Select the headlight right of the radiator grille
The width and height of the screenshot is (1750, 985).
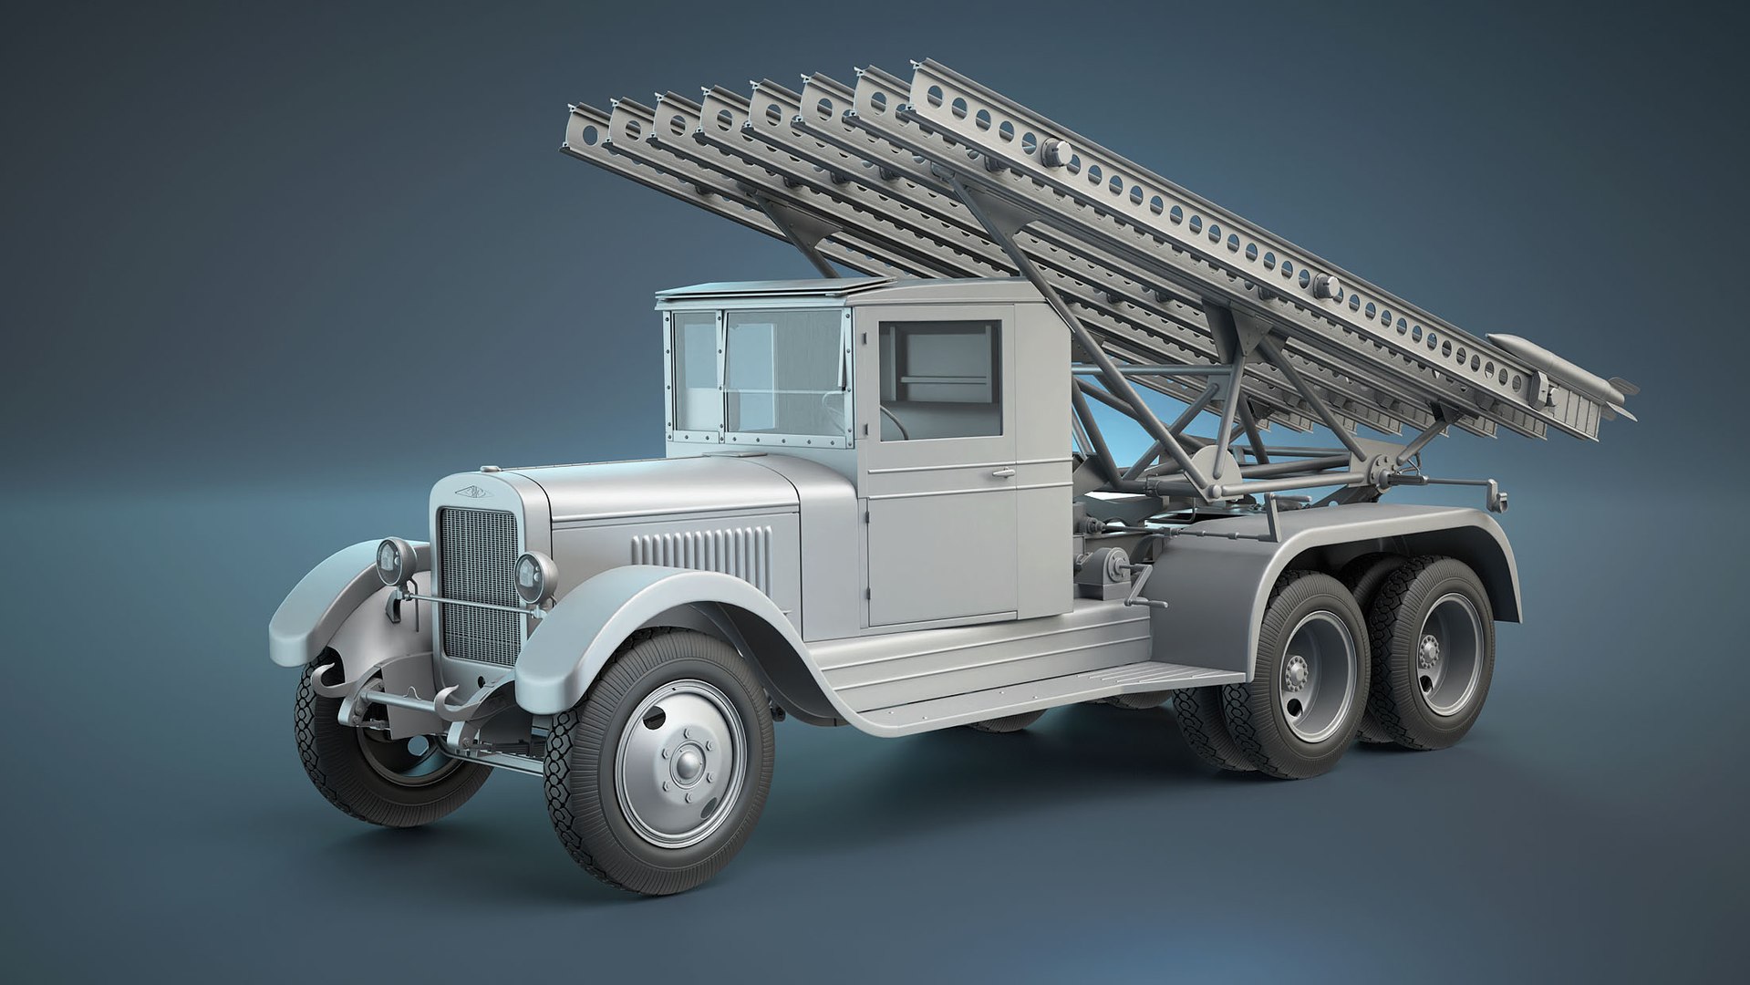[532, 572]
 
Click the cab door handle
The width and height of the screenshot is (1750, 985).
[1002, 473]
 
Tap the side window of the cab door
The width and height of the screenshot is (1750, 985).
[939, 368]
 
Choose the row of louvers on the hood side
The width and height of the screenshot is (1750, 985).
[700, 549]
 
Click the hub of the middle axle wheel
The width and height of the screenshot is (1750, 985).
[1296, 676]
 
